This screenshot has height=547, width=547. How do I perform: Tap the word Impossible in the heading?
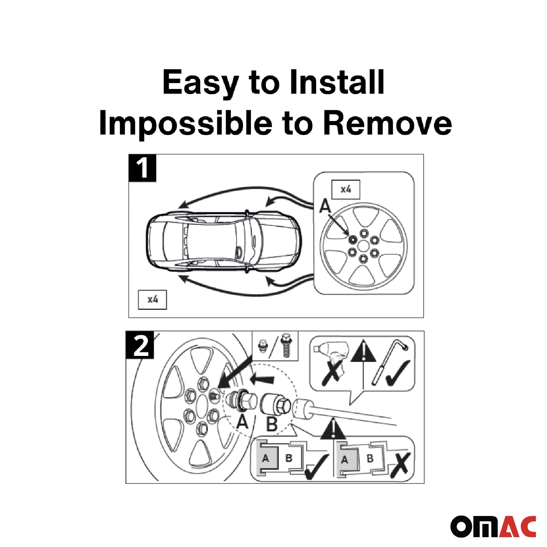(186, 123)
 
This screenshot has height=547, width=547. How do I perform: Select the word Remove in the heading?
(387, 123)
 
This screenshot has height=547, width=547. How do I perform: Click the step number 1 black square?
(142, 168)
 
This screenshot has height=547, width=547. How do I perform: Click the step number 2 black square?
(140, 345)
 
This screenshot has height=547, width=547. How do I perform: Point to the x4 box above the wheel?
(346, 190)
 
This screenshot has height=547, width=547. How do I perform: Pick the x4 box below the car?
(152, 300)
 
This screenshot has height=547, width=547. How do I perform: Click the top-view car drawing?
(223, 242)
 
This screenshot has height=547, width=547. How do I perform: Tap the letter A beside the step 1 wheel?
(325, 206)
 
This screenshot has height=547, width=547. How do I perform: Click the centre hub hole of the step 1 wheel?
(363, 246)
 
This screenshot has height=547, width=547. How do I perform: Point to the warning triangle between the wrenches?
(363, 351)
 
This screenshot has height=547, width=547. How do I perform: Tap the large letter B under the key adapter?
(272, 424)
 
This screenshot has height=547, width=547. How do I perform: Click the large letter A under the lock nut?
(242, 422)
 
